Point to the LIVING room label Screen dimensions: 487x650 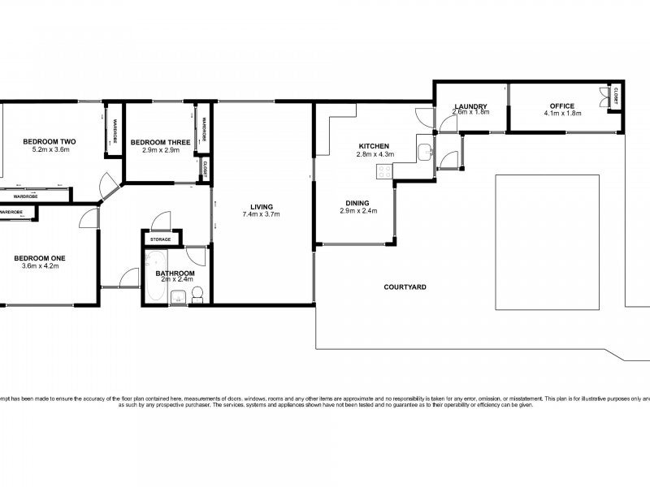[261, 206]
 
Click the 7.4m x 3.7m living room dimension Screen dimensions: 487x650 [261, 215]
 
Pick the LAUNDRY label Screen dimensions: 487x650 [470, 106]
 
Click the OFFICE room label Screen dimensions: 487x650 [561, 106]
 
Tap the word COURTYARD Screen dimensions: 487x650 [405, 287]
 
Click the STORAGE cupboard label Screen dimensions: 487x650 [161, 239]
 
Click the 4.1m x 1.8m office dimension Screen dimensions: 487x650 [561, 114]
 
